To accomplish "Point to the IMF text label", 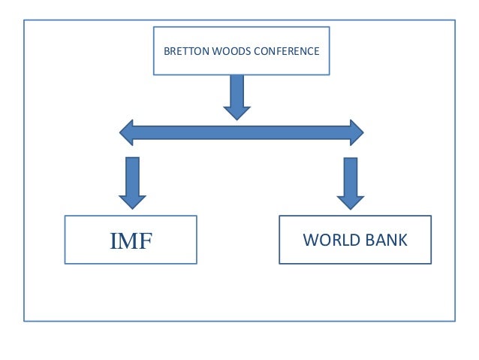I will (131, 241).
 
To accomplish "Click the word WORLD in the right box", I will (328, 241).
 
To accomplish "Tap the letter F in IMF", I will (146, 241).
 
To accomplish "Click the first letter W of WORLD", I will (310, 241).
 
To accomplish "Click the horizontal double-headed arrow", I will (241, 133).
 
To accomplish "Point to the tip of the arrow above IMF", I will (132, 206).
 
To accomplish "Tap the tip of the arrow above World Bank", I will (350, 207).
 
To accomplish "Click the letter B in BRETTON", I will (167, 52).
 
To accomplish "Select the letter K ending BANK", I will (403, 241).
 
